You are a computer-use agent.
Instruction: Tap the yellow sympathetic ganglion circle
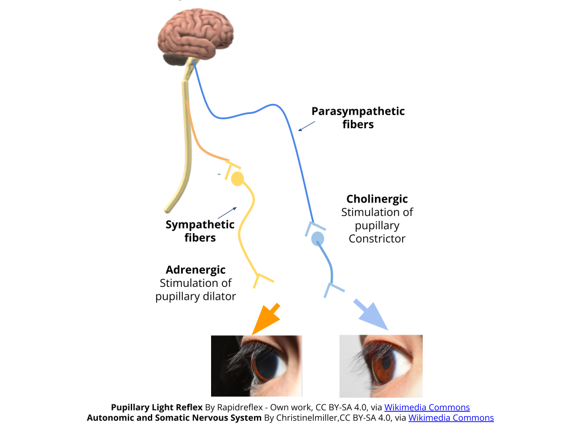pos(237,179)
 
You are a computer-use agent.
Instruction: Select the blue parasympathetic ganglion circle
pos(318,238)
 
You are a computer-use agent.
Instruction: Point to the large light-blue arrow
pos(371,315)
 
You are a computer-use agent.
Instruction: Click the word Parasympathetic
pos(358,111)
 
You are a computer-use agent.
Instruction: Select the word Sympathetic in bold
pos(200,224)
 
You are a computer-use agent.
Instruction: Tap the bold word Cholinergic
pos(377,199)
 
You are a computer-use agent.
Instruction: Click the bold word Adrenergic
pos(196,270)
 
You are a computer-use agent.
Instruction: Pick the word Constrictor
pos(377,238)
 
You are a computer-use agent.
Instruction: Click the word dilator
pos(219,296)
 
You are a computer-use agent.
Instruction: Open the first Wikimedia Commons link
pos(427,407)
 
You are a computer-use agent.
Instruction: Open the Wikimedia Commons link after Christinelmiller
pos(451,418)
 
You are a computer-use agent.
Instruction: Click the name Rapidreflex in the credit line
pos(240,407)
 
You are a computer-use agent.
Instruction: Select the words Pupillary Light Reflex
pos(157,407)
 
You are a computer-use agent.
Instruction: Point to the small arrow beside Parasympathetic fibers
pos(307,126)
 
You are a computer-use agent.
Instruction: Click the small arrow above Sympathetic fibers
pos(228,213)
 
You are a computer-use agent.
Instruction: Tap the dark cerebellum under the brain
pos(175,59)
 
